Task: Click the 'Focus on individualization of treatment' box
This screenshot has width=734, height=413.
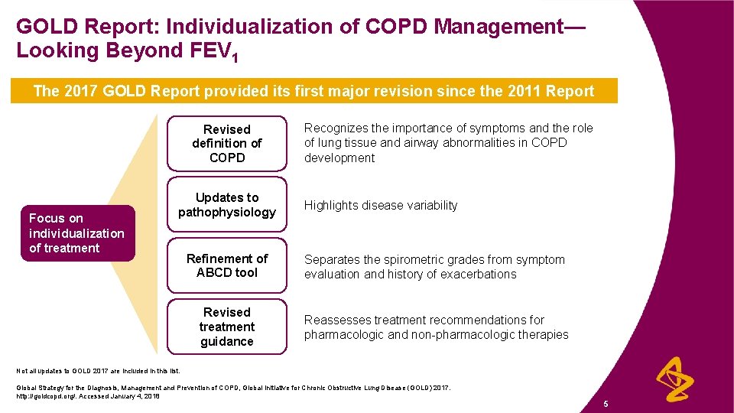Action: tap(76, 233)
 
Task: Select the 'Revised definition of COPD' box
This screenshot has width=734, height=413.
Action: tap(227, 143)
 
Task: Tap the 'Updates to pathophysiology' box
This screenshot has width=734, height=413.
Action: tap(227, 204)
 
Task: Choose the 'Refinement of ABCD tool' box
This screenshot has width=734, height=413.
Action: tap(227, 265)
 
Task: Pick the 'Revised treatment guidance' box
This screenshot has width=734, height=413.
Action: tap(227, 327)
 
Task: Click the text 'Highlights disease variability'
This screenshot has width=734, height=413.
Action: tap(381, 205)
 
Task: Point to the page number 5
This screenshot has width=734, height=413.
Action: tap(605, 402)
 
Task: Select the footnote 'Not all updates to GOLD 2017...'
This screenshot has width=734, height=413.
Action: tap(99, 371)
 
